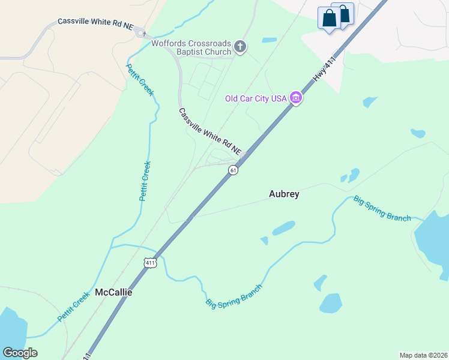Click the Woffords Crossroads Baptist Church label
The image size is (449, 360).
click(x=191, y=47)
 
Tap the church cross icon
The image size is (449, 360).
click(x=240, y=47)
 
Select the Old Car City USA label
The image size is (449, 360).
click(x=256, y=98)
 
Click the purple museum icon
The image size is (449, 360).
click(x=295, y=97)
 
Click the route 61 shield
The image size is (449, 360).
click(x=234, y=170)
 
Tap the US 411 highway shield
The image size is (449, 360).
click(x=150, y=263)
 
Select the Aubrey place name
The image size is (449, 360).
click(x=284, y=194)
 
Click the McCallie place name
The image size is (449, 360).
click(x=113, y=293)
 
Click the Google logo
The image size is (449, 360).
click(x=20, y=353)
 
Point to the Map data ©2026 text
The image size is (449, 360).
click(x=423, y=355)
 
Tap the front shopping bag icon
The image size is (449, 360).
click(x=330, y=19)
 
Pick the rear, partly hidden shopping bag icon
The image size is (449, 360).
click(x=345, y=11)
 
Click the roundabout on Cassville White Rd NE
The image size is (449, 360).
click(x=141, y=34)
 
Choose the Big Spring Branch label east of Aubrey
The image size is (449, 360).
click(x=382, y=208)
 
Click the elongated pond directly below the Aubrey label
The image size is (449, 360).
click(x=283, y=229)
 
